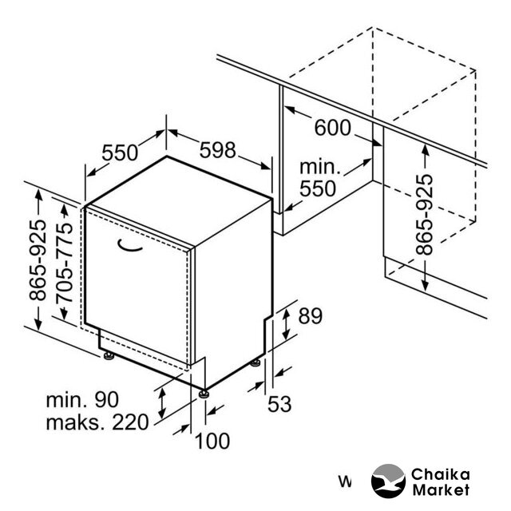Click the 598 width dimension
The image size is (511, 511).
tap(217, 150)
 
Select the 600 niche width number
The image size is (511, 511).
tap(333, 128)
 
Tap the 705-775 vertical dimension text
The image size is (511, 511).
tap(64, 263)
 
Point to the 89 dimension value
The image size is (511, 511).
tap(311, 316)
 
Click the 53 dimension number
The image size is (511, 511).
tap(279, 404)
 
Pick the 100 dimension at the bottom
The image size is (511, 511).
tap(212, 442)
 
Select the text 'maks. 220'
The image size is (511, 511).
tap(97, 422)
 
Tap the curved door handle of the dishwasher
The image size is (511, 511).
tap(129, 246)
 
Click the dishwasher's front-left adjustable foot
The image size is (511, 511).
tap(109, 356)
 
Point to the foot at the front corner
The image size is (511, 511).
tap(204, 394)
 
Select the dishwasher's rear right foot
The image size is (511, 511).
tap(255, 362)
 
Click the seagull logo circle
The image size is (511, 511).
tap(388, 481)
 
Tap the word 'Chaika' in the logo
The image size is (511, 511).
tap(440, 474)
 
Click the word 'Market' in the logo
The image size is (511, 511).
tap(441, 489)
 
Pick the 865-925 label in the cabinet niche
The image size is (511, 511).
tap(424, 215)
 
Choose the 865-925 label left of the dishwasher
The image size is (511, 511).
tap(38, 260)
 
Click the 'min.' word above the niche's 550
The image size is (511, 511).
tap(320, 167)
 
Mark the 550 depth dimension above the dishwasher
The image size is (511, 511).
tap(120, 153)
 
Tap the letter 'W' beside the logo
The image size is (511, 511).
tap(345, 481)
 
